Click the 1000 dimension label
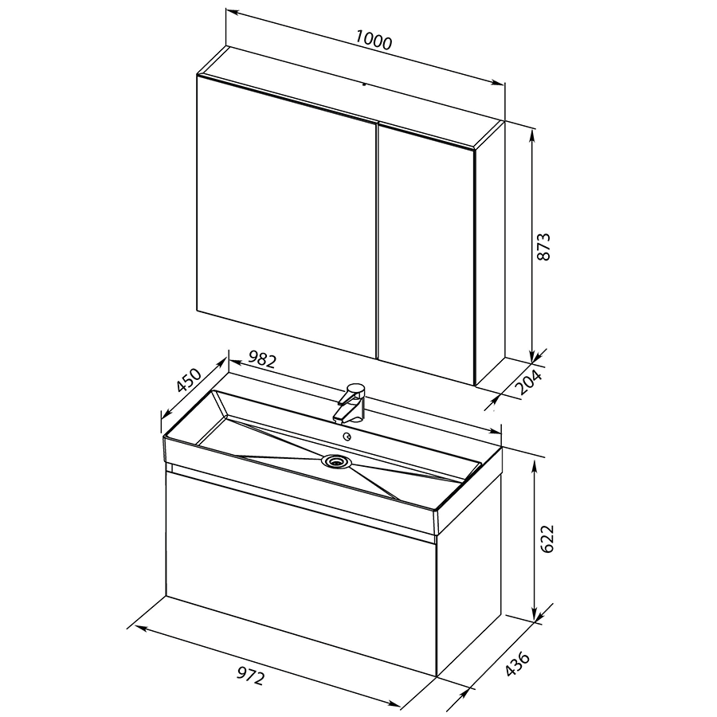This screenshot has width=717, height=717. point(374,40)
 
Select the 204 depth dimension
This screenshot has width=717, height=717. point(529,382)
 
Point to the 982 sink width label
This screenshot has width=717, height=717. point(262,360)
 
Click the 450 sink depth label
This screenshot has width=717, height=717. point(189,380)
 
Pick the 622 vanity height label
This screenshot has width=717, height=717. point(547,539)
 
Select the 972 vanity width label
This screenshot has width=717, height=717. point(251,676)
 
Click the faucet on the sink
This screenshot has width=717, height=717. point(351,403)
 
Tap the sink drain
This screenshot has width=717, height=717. point(336,460)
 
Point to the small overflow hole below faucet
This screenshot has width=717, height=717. point(349,437)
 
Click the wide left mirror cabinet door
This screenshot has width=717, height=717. point(286,216)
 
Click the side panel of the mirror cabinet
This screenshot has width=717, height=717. point(490,253)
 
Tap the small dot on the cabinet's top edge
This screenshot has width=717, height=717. point(364,84)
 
